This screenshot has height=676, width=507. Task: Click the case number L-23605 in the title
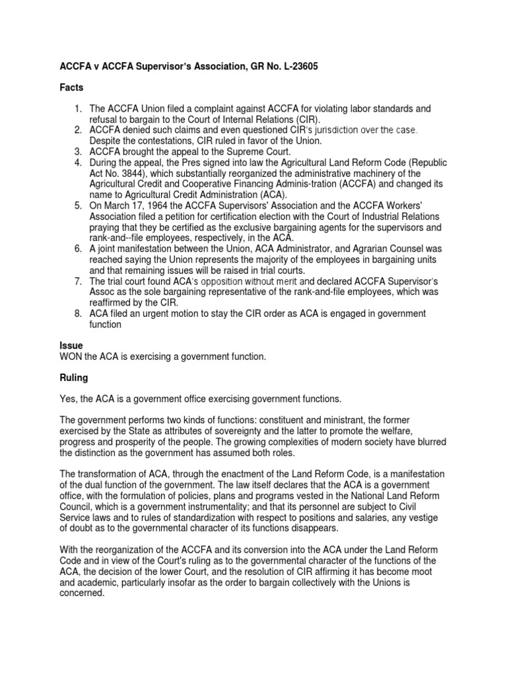[x=288, y=67]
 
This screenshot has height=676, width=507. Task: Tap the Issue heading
[x=71, y=345]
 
